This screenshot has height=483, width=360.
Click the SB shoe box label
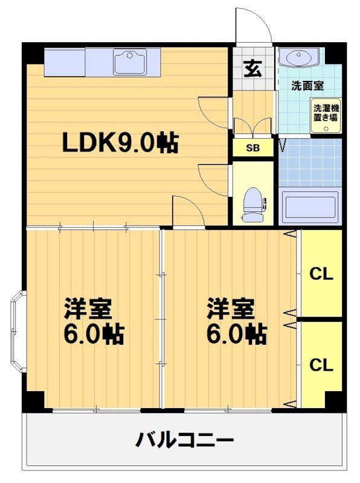pyautogui.click(x=252, y=148)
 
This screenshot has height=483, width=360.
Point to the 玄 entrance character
pyautogui.click(x=252, y=69)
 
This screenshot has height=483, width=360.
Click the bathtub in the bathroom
pyautogui.click(x=310, y=206)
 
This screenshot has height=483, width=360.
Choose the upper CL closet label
pyautogui.click(x=321, y=273)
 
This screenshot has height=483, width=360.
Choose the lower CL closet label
pyautogui.click(x=321, y=365)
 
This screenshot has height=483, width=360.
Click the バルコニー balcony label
pyautogui.click(x=184, y=439)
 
